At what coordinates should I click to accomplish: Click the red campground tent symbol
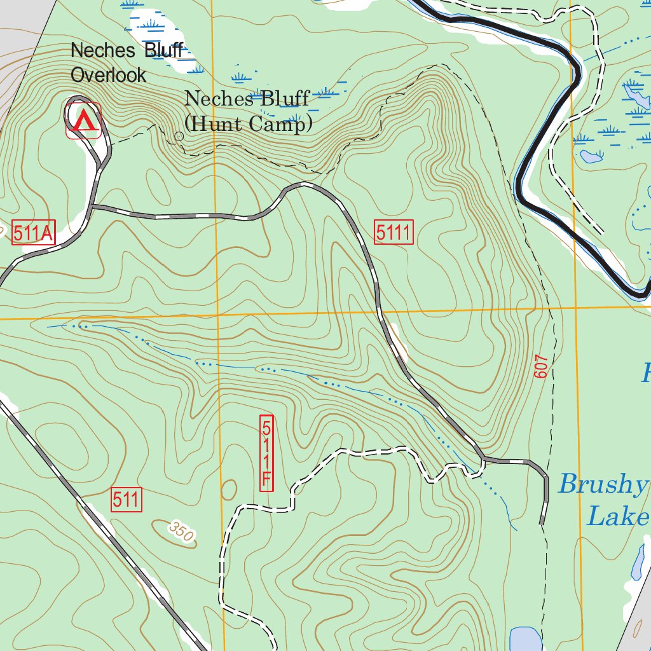pos(83,120)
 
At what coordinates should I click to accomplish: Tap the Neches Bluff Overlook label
pos(127,62)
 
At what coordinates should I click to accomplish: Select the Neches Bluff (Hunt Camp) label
pos(248,111)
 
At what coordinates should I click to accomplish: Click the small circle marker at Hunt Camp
pos(179,136)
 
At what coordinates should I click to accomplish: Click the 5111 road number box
pos(394,233)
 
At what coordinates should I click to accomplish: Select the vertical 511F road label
pos(267,453)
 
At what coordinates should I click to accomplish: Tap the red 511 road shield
pos(126,500)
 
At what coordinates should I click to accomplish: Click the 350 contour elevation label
pos(181,531)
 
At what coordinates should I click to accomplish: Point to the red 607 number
pos(540,367)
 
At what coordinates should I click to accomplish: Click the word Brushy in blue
pos(600,484)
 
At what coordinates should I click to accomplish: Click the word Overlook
pos(108,75)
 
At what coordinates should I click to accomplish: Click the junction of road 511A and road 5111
pos(92,207)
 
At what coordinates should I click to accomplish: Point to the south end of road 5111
pos(542,523)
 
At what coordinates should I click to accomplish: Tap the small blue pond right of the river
pos(591,156)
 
